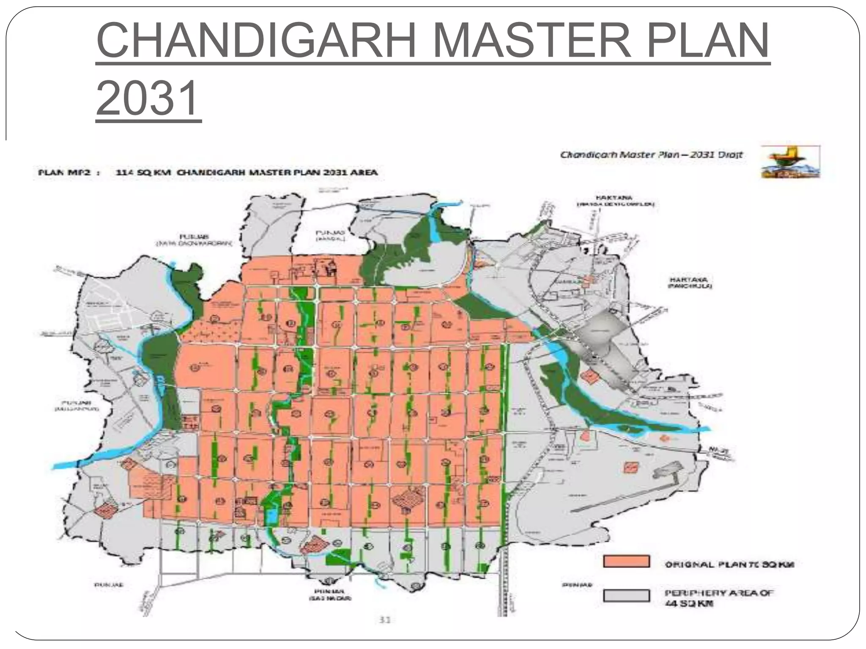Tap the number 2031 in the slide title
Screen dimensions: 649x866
click(x=148, y=98)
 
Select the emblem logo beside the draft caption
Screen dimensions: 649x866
click(x=790, y=162)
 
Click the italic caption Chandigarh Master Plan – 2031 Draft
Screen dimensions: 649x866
click(x=651, y=155)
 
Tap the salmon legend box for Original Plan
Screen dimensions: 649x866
click(x=626, y=562)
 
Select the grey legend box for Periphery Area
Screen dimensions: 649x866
click(x=626, y=595)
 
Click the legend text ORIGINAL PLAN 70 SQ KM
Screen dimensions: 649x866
click(x=729, y=564)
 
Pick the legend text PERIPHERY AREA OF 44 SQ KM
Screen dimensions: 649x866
click(x=719, y=598)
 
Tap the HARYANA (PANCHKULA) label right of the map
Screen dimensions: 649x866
click(x=690, y=283)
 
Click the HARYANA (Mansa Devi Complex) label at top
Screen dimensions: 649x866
click(x=616, y=201)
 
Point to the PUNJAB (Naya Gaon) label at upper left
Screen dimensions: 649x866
click(x=194, y=240)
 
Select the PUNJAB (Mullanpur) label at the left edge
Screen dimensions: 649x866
click(x=77, y=406)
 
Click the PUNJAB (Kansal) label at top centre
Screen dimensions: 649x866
click(x=330, y=235)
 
